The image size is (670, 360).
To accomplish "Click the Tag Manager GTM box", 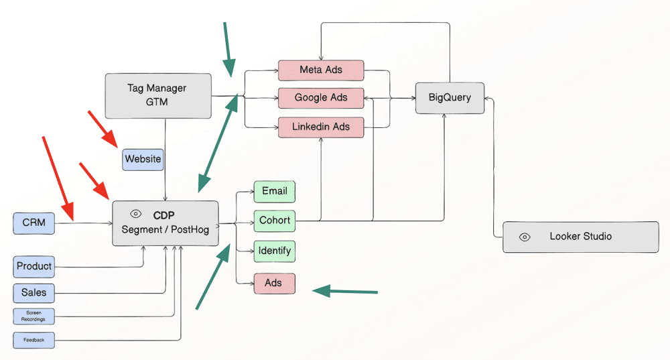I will [x=157, y=96].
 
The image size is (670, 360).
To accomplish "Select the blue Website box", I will [x=143, y=160].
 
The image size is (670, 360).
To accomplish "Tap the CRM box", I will [x=33, y=223].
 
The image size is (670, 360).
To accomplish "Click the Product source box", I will [x=34, y=266].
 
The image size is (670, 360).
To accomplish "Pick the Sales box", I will [x=33, y=293].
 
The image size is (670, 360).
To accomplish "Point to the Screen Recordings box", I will [x=33, y=316].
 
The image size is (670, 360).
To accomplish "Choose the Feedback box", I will [x=33, y=340].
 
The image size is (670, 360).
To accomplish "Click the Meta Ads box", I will [x=321, y=70].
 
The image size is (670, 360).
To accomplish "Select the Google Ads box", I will [x=321, y=98].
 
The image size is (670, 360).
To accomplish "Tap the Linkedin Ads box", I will [x=321, y=127].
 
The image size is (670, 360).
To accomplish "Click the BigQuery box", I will [x=450, y=98].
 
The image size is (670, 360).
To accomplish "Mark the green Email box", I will [x=274, y=191].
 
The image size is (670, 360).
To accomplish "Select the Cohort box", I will [x=275, y=221].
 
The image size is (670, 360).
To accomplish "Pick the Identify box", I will [x=274, y=251].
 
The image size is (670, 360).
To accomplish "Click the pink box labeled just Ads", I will [x=274, y=284].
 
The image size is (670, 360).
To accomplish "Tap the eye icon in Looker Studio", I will [x=525, y=237].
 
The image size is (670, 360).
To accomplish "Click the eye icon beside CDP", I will [x=136, y=214].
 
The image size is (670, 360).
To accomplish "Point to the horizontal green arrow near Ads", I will [x=345, y=291].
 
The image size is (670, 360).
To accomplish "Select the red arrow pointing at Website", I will [x=103, y=129].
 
